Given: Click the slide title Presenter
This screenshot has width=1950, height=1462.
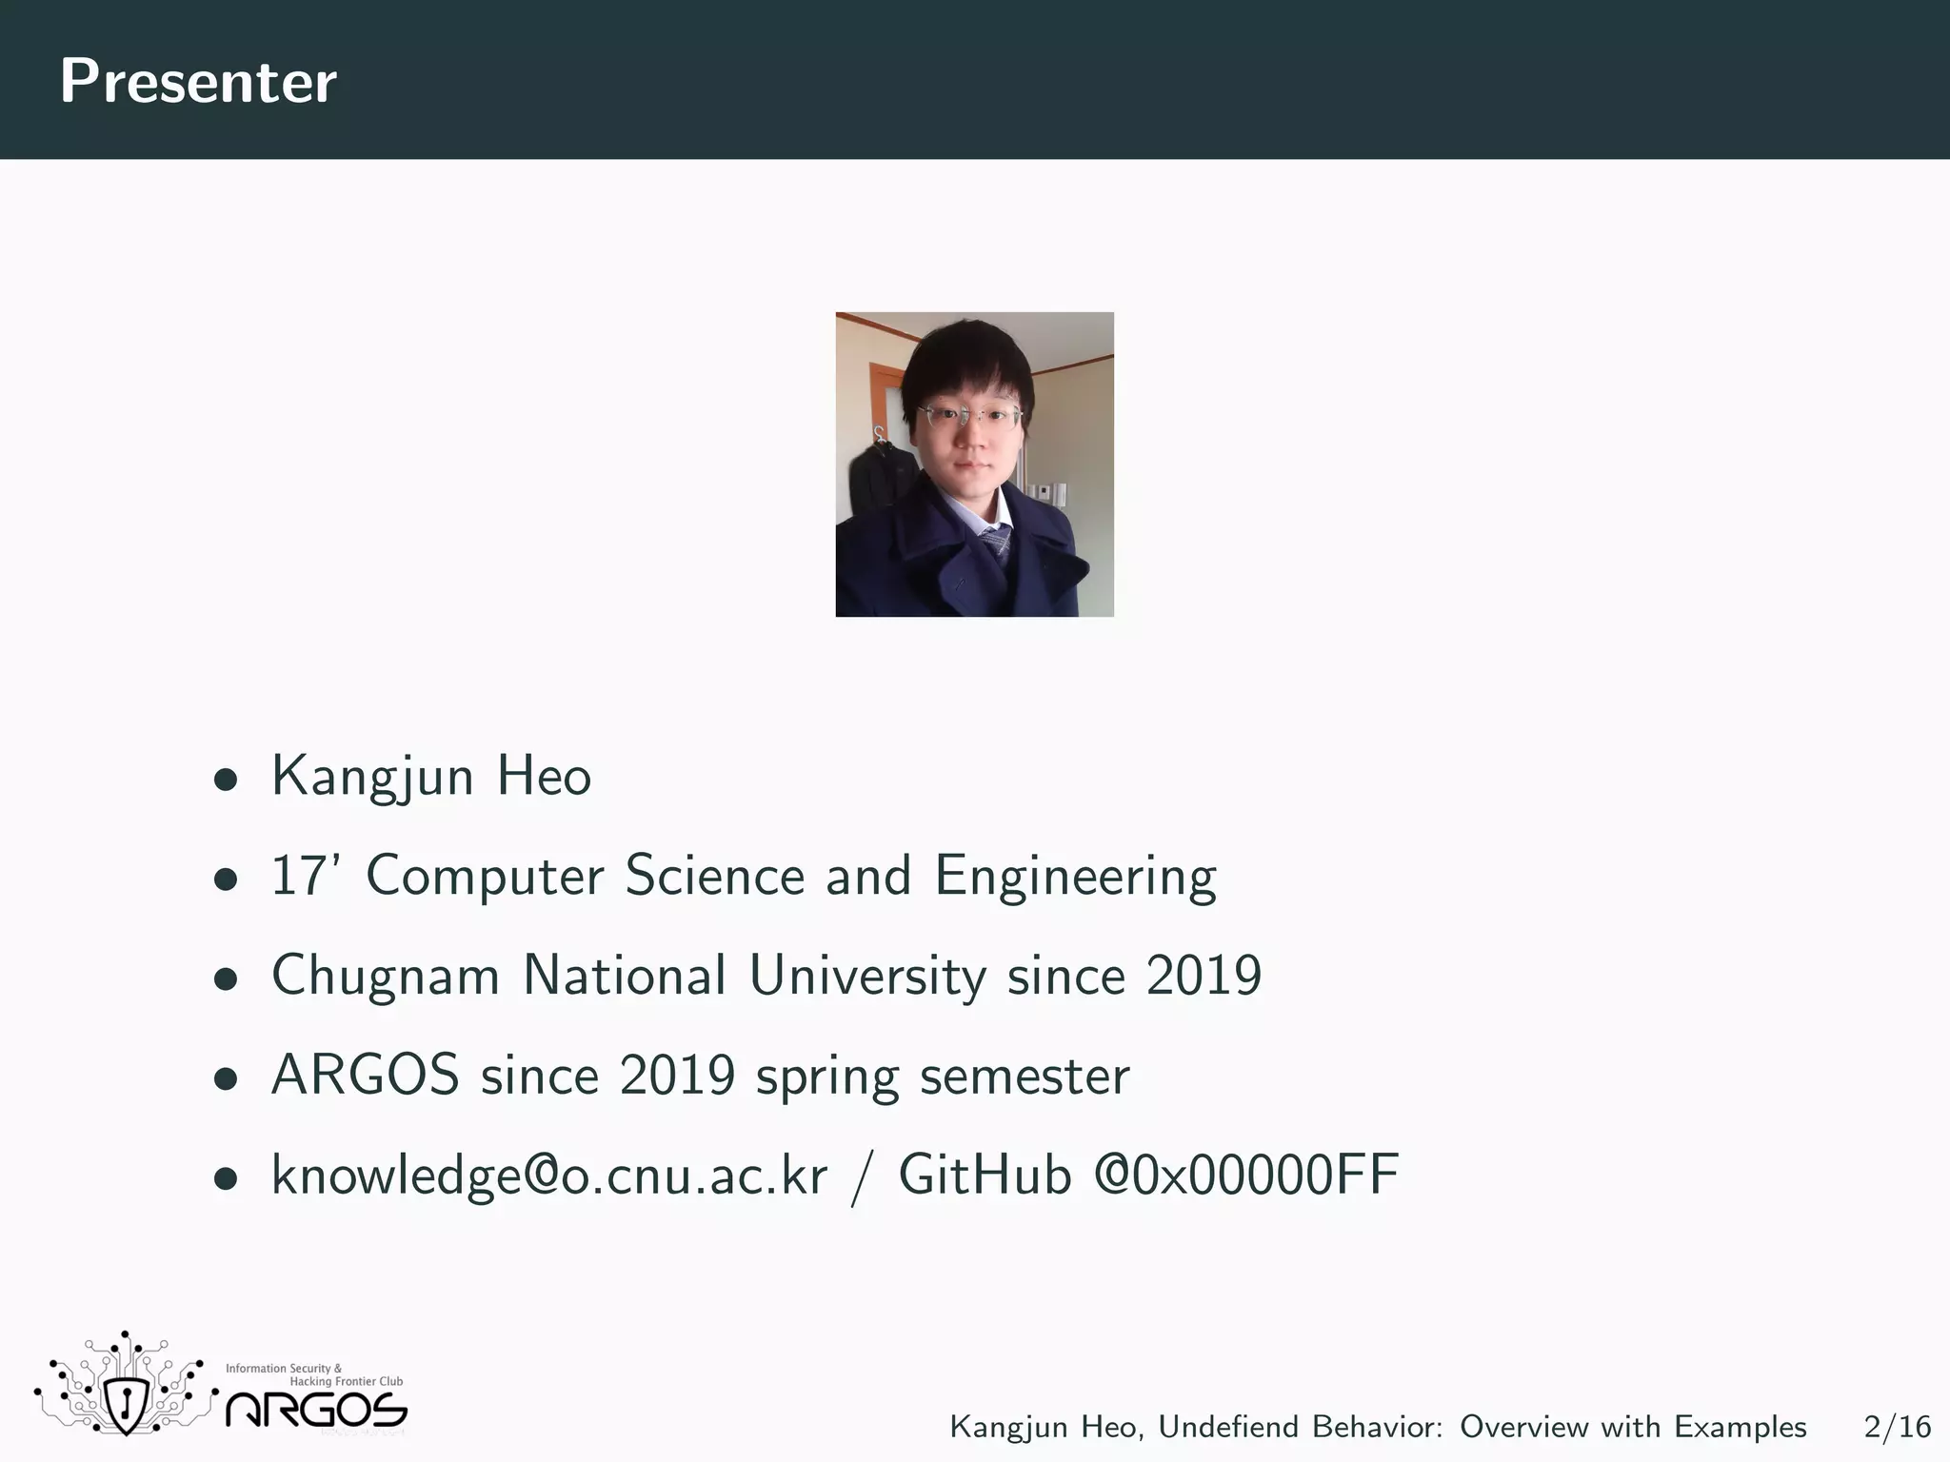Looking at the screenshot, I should point(198,82).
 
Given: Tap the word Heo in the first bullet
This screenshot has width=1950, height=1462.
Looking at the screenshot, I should point(544,777).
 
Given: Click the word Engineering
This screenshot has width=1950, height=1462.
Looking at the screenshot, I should point(1075,877).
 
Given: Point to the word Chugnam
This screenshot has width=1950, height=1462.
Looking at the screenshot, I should point(386,977).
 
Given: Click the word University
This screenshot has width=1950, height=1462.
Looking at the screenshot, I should point(867,977).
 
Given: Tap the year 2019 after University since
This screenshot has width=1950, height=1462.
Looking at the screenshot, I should point(1204,976).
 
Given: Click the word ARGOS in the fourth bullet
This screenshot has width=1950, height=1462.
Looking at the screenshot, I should point(366,1076).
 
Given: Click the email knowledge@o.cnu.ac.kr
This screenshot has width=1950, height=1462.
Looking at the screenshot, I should point(549,1176).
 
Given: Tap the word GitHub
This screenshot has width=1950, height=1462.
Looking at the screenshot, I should point(985,1176).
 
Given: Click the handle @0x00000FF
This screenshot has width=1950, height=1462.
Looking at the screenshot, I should point(1246,1176).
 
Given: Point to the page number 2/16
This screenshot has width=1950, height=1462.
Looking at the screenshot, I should point(1897,1427).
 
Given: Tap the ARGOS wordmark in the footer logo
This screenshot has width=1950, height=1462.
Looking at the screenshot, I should point(316,1411).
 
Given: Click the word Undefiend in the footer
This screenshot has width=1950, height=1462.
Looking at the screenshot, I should point(1229,1427).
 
